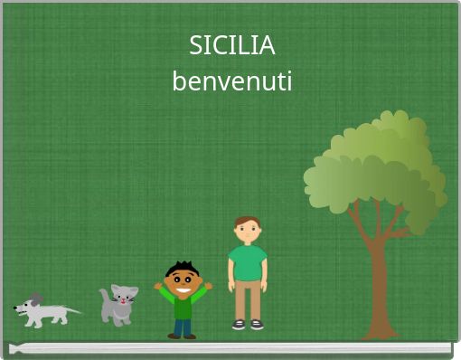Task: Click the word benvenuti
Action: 232,82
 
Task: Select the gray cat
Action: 118,306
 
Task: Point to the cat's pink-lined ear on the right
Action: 131,291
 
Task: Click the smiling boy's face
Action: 183,282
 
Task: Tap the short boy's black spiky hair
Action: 183,268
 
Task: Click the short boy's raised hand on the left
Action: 158,287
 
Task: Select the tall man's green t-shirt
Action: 247,263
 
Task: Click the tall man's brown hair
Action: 247,222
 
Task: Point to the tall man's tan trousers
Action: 247,301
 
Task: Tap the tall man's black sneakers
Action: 247,324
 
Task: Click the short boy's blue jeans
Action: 183,327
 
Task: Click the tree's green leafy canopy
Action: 375,172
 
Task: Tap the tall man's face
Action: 247,232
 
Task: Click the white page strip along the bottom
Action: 230,347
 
